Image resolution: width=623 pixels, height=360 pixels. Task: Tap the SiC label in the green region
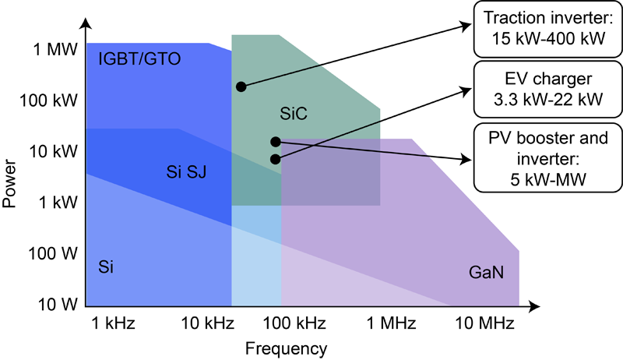pyautogui.click(x=294, y=114)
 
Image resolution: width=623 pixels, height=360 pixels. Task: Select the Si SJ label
pyautogui.click(x=187, y=171)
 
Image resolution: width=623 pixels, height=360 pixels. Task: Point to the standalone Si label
pyautogui.click(x=107, y=267)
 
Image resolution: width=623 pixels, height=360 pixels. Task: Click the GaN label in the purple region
pyautogui.click(x=486, y=274)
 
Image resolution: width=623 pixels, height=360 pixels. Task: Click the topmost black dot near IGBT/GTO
pyautogui.click(x=241, y=86)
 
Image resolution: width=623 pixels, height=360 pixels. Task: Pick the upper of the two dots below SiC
pyautogui.click(x=276, y=142)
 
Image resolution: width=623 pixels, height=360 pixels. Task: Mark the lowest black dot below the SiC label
pyautogui.click(x=276, y=159)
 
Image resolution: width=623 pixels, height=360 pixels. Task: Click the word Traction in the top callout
pyautogui.click(x=512, y=18)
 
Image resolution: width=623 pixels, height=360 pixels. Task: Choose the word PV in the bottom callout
pyautogui.click(x=500, y=139)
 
